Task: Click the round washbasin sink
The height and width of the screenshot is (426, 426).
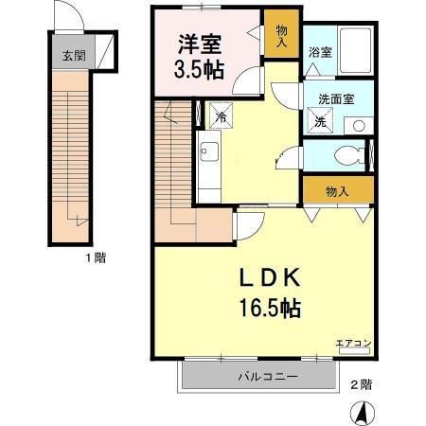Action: tap(357, 125)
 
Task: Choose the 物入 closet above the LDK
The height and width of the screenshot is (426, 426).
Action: tap(336, 190)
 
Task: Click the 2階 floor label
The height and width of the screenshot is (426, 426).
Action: tap(360, 384)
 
